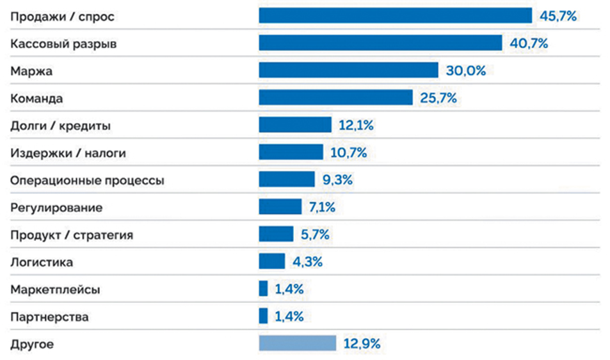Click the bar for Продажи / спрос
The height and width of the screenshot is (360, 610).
point(396,15)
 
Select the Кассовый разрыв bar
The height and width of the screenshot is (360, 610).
point(380,43)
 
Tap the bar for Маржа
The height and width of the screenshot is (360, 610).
point(349,70)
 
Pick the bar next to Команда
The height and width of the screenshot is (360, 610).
point(336,97)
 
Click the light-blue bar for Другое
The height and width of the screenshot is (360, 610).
point(298,343)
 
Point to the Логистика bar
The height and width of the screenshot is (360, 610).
point(272,261)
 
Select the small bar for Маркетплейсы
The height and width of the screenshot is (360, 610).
point(263,288)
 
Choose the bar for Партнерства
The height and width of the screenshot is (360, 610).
point(263,316)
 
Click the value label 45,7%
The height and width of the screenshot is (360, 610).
point(558,16)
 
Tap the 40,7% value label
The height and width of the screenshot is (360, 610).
point(529,43)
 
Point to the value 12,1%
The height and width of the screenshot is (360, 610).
point(356,126)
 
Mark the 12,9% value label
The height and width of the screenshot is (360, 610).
point(362,343)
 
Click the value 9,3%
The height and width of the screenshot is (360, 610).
point(338,180)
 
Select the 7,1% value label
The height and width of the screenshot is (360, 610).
point(322,207)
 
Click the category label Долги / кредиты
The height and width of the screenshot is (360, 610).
point(60,126)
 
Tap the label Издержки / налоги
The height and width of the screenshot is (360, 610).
point(68,153)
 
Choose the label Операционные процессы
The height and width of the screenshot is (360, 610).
point(87,181)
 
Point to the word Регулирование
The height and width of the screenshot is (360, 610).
point(56,208)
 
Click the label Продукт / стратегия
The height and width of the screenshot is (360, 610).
point(72,235)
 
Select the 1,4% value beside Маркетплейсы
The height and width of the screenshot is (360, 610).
point(289,289)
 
